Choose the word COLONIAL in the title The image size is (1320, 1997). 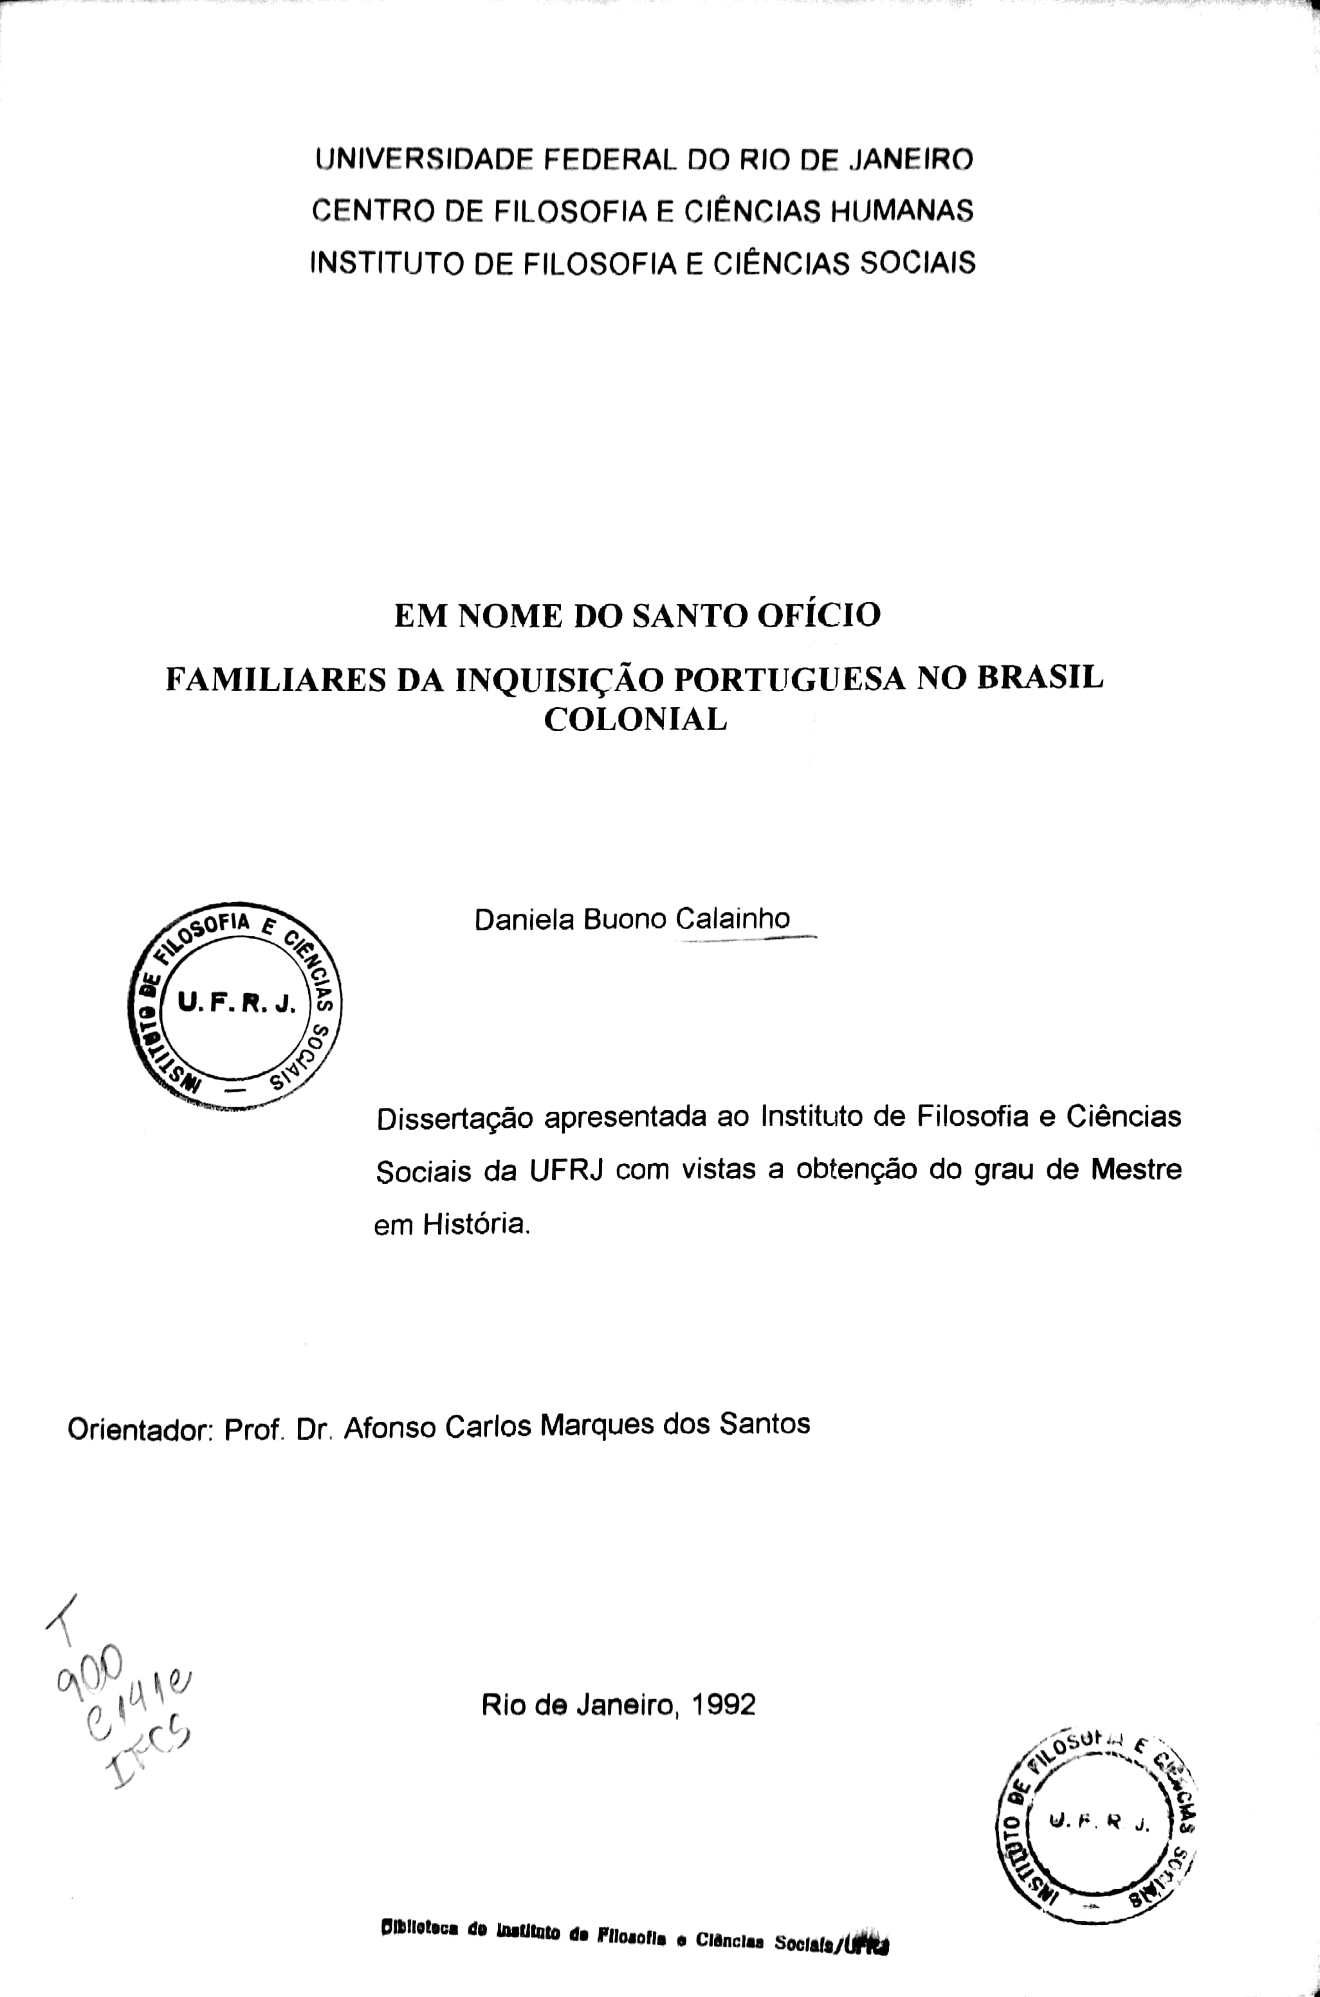(x=636, y=720)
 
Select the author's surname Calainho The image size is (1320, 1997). (x=731, y=919)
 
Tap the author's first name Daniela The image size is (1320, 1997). (x=524, y=919)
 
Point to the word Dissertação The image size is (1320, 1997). (x=455, y=1119)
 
